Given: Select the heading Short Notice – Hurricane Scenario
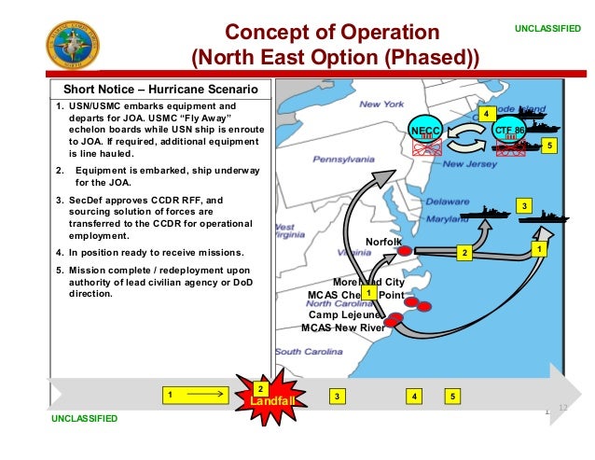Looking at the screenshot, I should pos(160,90).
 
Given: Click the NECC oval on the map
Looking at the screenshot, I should pos(426,132).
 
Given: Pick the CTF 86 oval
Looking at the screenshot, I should pos(509,132).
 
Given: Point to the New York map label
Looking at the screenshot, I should pos(381,104).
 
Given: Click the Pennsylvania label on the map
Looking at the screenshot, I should pos(343,160).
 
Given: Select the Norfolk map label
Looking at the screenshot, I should pos(382,241).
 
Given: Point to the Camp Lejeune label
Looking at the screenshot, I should pos(341,314).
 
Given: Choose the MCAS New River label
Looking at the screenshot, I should pos(342,328).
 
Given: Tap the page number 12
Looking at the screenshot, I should pos(562,408).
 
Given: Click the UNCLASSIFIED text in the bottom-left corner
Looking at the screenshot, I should pos(85,419).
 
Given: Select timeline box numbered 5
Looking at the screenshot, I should pos(452,397).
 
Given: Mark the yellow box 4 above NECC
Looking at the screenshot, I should pos(485,113).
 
